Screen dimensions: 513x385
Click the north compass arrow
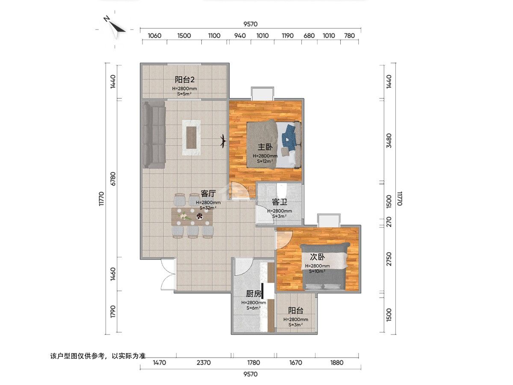click(115, 27)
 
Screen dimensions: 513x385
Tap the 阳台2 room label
click(184, 80)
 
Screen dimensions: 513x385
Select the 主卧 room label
click(265, 147)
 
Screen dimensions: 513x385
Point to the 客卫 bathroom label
click(280, 202)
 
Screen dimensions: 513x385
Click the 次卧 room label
click(317, 257)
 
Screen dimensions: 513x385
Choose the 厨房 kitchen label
click(254, 293)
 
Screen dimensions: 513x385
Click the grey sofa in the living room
click(154, 134)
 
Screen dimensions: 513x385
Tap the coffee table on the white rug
click(191, 137)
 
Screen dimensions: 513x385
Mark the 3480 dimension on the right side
click(389, 140)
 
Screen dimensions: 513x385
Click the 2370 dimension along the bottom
click(203, 363)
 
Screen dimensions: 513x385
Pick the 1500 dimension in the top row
click(184, 36)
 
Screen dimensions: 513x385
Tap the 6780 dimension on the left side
click(113, 179)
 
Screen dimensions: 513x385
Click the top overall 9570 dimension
click(251, 24)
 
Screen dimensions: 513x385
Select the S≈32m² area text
click(208, 207)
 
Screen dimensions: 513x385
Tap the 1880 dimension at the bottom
click(337, 363)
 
